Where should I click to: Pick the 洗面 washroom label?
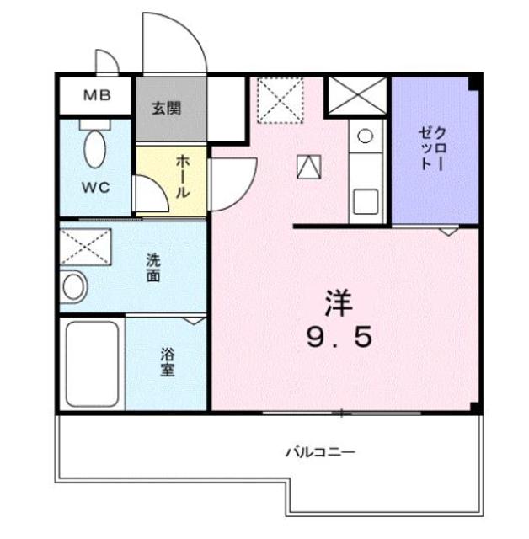click(152, 267)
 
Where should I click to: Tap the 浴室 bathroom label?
click(168, 361)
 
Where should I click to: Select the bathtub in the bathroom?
click(90, 363)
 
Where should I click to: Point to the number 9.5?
click(340, 338)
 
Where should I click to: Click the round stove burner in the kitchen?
click(366, 135)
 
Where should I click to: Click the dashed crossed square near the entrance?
click(280, 99)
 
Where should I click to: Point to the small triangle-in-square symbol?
click(308, 167)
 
